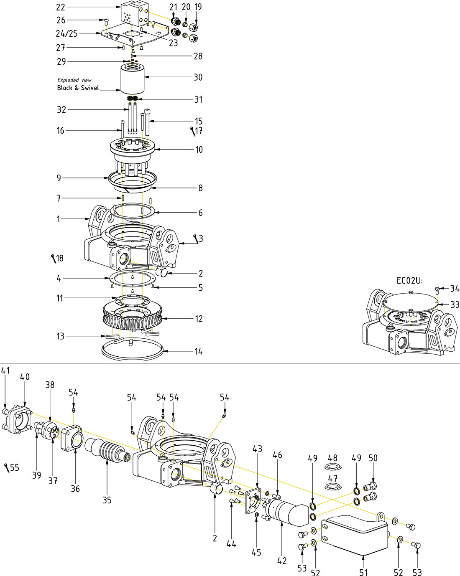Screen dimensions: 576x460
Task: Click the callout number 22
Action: pyautogui.click(x=61, y=7)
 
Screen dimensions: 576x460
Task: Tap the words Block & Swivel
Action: pyautogui.click(x=78, y=88)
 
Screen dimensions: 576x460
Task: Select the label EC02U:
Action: pyautogui.click(x=409, y=281)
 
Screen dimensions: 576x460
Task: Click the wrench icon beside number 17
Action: pyautogui.click(x=193, y=132)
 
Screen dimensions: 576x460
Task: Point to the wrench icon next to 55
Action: pyautogui.click(x=7, y=468)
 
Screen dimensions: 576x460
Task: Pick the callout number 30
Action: pyautogui.click(x=198, y=77)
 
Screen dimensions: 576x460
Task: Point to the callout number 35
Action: pyautogui.click(x=107, y=500)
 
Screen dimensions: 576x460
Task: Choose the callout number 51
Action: pyautogui.click(x=363, y=572)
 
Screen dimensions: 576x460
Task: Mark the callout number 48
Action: pyautogui.click(x=332, y=458)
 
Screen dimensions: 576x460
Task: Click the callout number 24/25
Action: pyautogui.click(x=67, y=33)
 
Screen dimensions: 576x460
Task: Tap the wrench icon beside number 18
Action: pyautogui.click(x=53, y=259)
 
